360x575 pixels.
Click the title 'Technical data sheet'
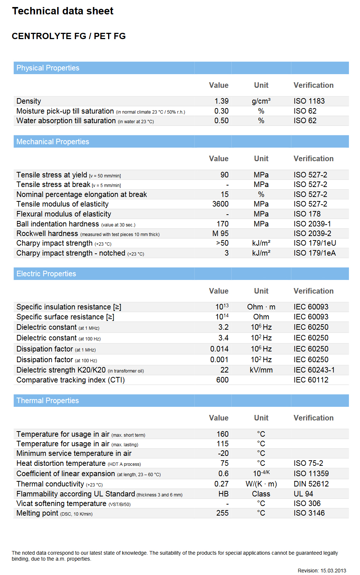pos(63,11)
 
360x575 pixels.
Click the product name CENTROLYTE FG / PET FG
pos(69,36)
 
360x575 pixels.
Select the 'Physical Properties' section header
pos(48,68)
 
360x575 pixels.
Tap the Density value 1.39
pos(221,101)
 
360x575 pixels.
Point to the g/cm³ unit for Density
pos(261,101)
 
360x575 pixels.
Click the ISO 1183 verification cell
pos(309,101)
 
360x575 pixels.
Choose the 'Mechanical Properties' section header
pos(53,142)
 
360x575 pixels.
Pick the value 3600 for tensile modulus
pos(220,204)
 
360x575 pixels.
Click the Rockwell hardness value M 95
pos(220,233)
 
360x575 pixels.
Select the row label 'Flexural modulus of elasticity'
pos(64,214)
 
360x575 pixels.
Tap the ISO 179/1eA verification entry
pos(315,253)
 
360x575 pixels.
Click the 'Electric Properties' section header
pos(46,274)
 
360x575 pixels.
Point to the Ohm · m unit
pos(261,307)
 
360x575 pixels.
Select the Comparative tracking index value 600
pos(222,380)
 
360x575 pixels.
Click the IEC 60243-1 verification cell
pos(314,370)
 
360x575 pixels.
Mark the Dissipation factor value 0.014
pos(219,349)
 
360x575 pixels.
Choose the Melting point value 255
pos(222,513)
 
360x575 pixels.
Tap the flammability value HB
pos(223,494)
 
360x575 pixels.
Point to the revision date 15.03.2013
pos(333,571)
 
